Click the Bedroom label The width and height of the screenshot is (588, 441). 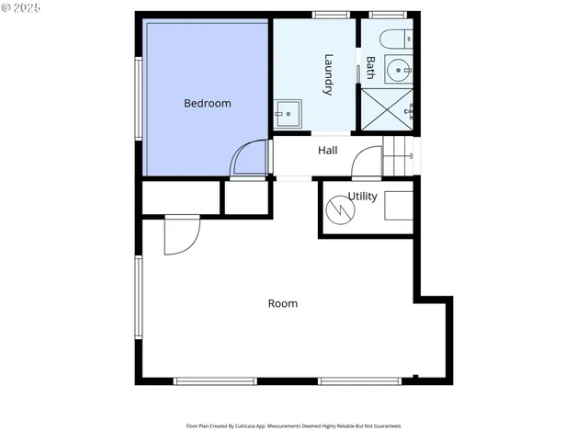[207, 103]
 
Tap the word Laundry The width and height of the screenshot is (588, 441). [328, 74]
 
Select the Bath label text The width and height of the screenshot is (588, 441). [370, 67]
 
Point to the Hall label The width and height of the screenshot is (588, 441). [328, 151]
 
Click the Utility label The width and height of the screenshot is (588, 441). [363, 197]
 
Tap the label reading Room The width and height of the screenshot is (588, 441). [282, 303]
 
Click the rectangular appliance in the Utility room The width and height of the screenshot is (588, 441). [398, 206]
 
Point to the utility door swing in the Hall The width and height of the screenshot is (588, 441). [367, 162]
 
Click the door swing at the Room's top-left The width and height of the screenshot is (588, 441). [181, 234]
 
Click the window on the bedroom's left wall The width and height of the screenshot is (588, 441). [138, 98]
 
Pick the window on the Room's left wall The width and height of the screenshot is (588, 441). [138, 297]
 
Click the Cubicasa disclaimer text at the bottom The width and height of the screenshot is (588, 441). [294, 426]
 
